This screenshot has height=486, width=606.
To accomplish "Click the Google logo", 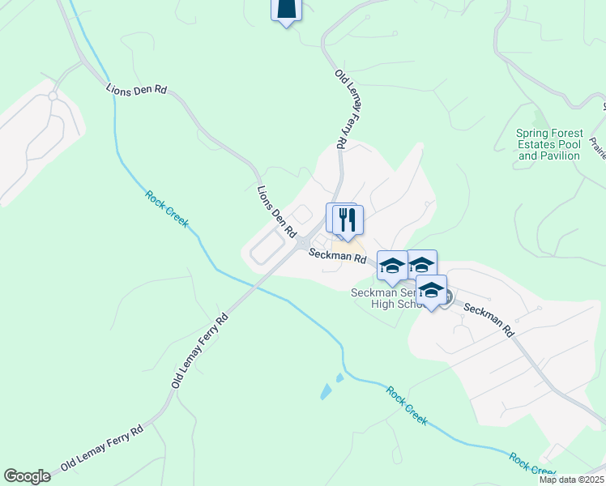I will click(27, 476).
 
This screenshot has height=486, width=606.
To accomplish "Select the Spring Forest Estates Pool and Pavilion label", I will click(548, 144).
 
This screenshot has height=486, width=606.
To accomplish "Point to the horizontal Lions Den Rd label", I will click(136, 90).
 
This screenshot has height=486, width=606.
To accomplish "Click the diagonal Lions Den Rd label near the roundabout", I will click(275, 212).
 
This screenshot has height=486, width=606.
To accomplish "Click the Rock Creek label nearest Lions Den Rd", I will click(167, 209).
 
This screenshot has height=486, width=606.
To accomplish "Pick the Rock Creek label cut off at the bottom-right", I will click(531, 465).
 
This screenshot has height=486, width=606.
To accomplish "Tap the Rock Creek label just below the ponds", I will click(407, 406).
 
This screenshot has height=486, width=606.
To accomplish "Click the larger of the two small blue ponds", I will click(326, 392).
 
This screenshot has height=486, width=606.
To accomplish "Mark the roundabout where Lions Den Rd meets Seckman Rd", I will click(303, 244).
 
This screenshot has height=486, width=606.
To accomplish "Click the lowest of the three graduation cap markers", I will click(432, 290).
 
